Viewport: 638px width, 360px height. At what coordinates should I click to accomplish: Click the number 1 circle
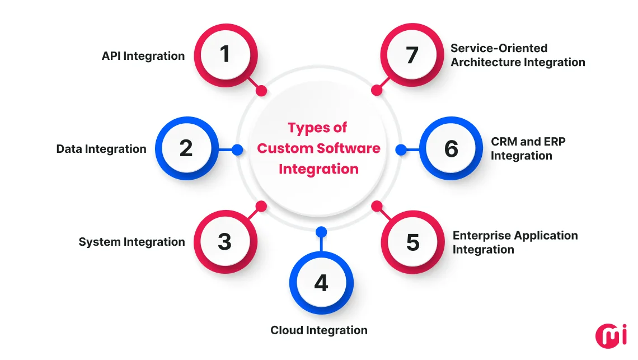(x=225, y=55)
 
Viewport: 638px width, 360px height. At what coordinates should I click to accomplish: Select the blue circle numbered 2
(x=186, y=149)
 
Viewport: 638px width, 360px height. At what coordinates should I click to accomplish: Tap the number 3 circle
(x=225, y=242)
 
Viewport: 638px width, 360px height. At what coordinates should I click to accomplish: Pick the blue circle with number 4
(x=321, y=283)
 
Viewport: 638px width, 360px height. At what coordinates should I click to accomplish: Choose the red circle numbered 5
(x=412, y=242)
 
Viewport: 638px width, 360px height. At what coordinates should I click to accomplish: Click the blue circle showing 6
(x=451, y=149)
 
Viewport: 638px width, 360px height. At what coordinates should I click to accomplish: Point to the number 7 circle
(x=412, y=55)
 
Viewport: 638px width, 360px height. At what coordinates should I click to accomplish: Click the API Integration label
(x=143, y=56)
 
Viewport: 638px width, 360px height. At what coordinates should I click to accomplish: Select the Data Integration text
(x=101, y=149)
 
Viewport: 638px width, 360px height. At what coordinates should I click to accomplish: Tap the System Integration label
(x=132, y=242)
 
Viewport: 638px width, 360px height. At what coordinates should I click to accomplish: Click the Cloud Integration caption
(x=319, y=330)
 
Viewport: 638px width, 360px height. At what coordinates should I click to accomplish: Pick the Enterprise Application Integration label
(x=515, y=242)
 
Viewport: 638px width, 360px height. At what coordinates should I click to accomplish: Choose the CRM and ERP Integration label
(x=528, y=149)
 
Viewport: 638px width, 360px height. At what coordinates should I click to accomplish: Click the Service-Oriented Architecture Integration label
(x=518, y=55)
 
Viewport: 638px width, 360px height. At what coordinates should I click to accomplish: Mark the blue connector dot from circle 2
(x=237, y=149)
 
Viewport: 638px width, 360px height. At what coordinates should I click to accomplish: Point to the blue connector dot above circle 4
(x=321, y=231)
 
